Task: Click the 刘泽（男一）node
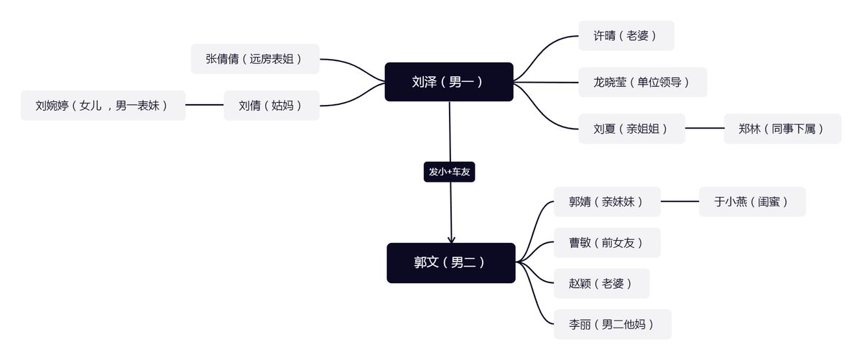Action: (449, 82)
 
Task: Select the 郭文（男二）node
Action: (451, 263)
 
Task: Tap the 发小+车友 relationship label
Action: (449, 172)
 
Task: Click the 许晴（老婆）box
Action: (626, 35)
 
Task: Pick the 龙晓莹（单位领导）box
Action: (643, 82)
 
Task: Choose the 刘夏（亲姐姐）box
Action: (631, 129)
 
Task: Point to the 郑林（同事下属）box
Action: (782, 129)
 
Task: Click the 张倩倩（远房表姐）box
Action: (255, 59)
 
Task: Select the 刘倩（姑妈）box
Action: (272, 105)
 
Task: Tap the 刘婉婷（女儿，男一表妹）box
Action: (103, 105)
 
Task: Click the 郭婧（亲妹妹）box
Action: (607, 201)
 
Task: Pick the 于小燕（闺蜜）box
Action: (752, 201)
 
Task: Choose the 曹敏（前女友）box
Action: (607, 243)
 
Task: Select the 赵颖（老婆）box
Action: (601, 283)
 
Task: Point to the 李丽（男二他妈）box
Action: (613, 324)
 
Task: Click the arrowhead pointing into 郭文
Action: (451, 240)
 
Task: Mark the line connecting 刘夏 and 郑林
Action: (704, 128)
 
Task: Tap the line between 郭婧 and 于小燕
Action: (680, 201)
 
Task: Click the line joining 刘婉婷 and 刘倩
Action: (204, 105)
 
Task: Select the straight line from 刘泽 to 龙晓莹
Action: (546, 82)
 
